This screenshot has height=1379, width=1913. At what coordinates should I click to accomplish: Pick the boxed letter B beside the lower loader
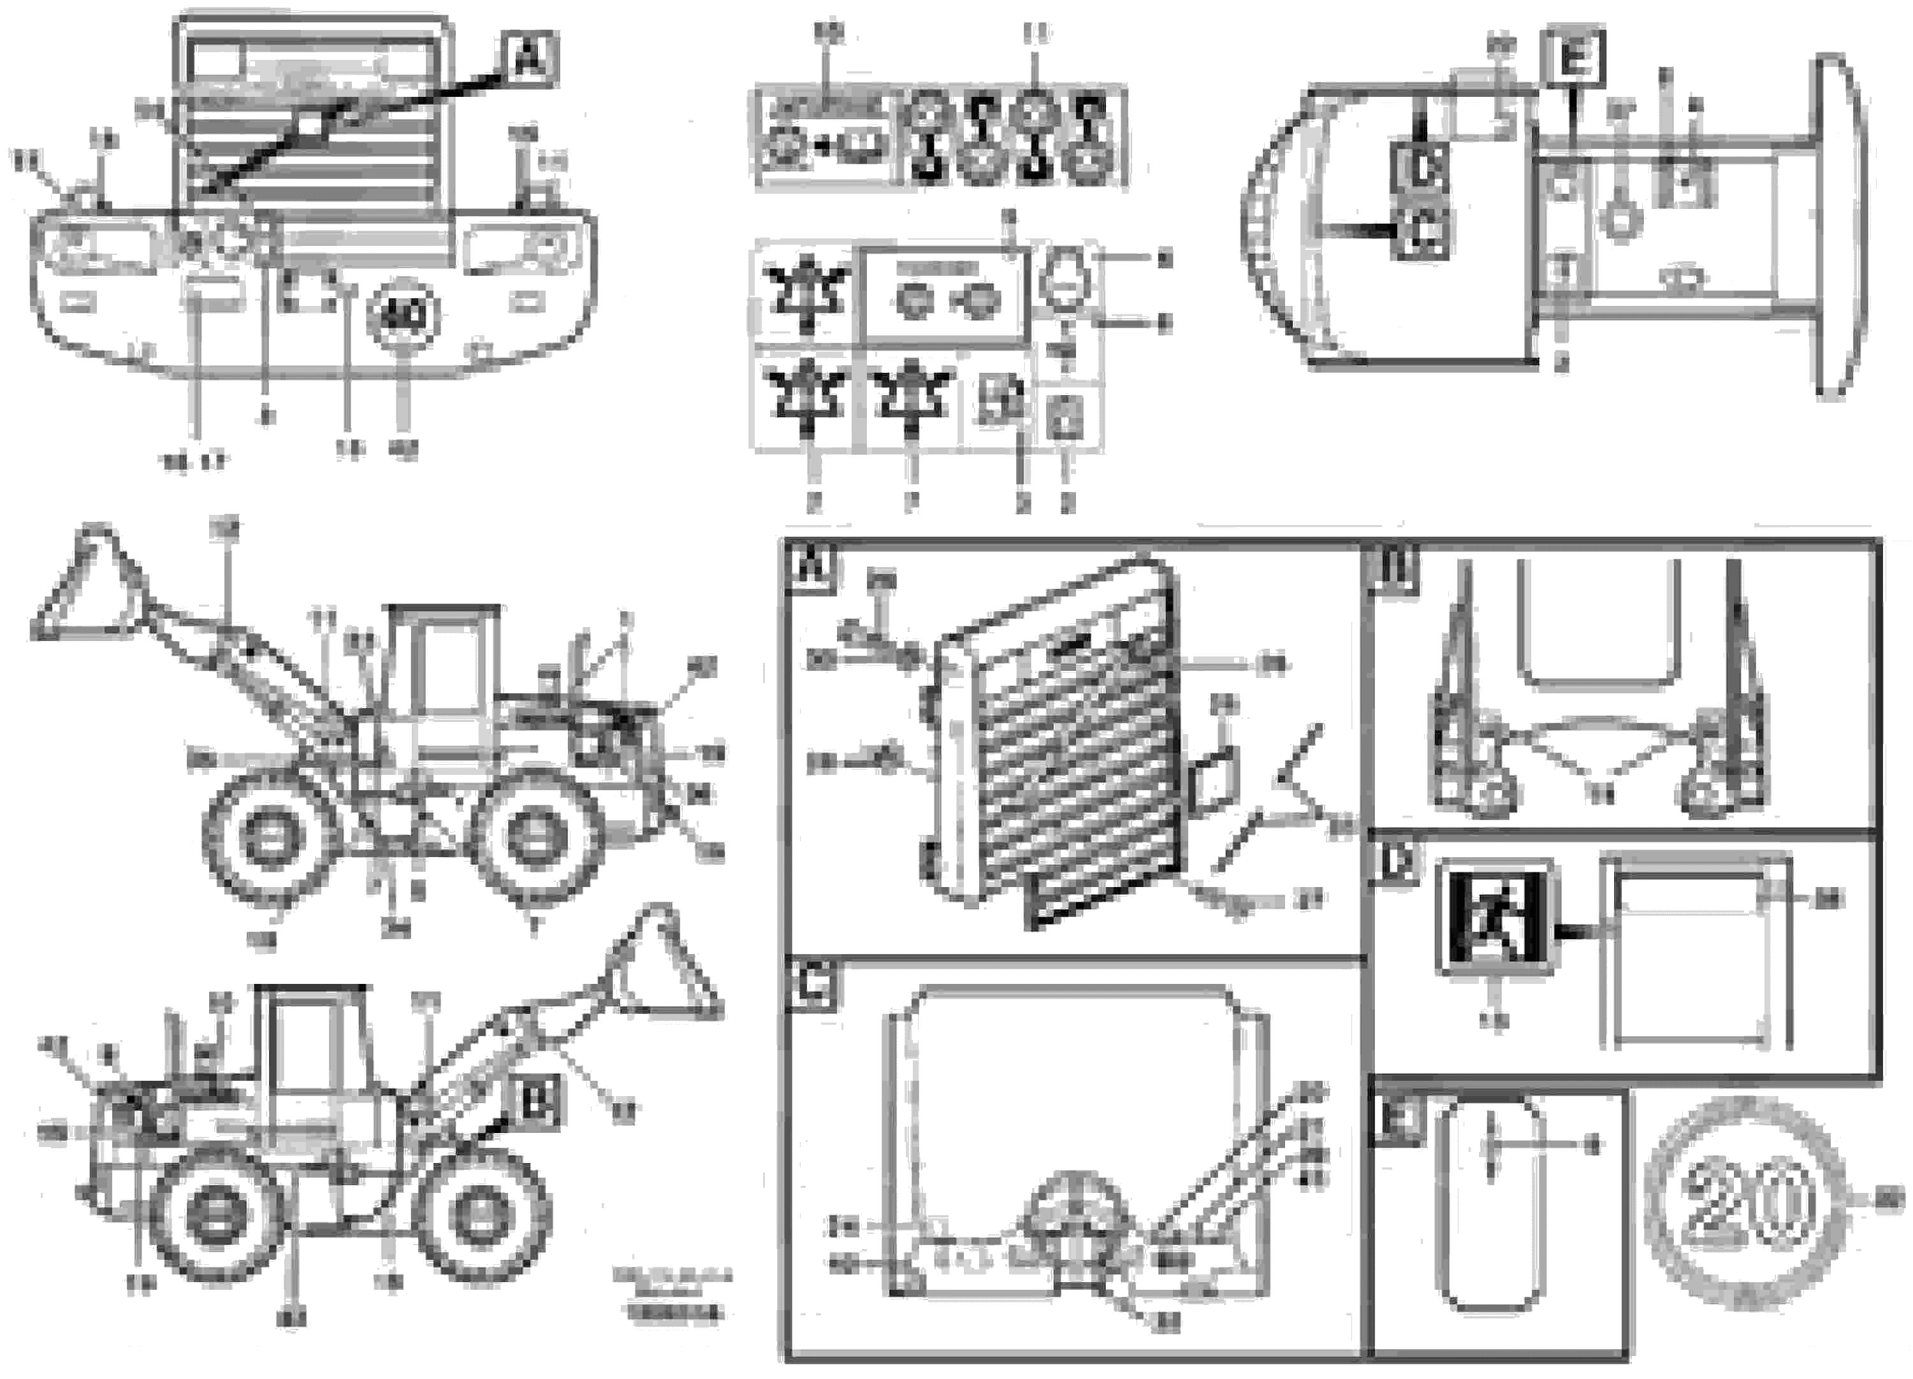pos(537,1101)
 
